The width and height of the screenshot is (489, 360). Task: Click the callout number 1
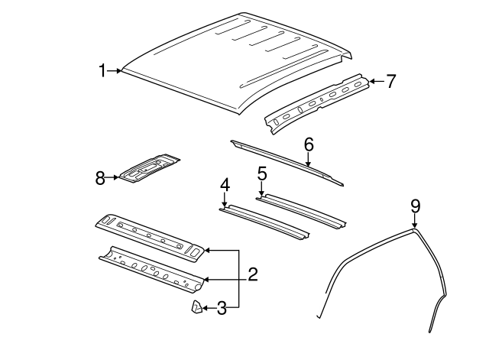tap(102, 71)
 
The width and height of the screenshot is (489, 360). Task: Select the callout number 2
tap(252, 274)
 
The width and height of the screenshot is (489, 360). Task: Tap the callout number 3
tap(222, 308)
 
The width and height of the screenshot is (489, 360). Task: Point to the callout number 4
tap(225, 186)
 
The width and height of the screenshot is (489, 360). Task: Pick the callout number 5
tap(261, 174)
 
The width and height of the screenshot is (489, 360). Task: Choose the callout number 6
tap(308, 144)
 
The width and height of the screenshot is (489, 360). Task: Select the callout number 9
tap(415, 205)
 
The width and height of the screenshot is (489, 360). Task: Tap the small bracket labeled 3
tap(196, 307)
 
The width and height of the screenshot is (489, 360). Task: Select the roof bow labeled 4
tap(264, 221)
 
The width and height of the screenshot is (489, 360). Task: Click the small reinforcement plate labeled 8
tap(149, 168)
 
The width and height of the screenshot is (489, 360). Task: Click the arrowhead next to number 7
tap(372, 79)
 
